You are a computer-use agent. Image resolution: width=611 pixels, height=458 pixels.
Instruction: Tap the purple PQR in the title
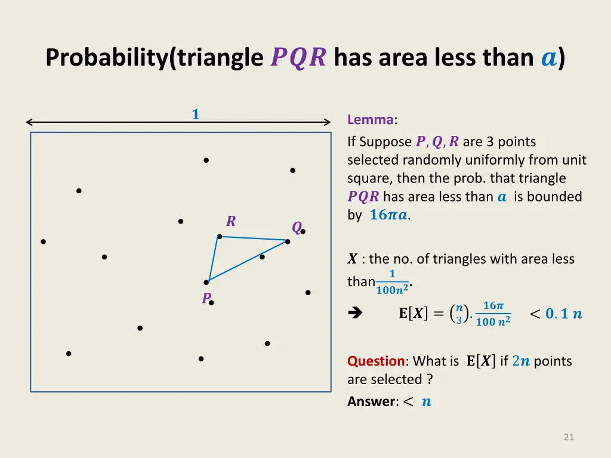pos(298,58)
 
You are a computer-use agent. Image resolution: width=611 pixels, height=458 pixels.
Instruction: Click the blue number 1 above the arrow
pos(195,114)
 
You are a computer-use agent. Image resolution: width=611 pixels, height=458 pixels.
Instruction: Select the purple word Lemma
pos(370,120)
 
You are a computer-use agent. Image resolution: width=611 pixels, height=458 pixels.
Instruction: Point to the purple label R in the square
pos(231,222)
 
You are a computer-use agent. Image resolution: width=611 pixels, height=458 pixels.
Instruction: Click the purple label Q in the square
pos(296,228)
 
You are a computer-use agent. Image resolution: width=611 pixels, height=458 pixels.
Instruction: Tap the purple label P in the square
pos(206,298)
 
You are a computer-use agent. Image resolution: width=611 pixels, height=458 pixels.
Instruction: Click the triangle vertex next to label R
pos(220,237)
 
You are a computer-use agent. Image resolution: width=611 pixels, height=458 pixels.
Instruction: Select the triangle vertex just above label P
pos(206,282)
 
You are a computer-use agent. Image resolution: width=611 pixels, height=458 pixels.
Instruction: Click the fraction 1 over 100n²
pos(392,282)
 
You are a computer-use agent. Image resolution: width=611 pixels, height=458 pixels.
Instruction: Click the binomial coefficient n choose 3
pos(459,314)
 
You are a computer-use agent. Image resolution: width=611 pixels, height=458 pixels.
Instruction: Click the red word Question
pos(376,361)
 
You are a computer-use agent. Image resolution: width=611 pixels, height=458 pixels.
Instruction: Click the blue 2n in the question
pos(521,361)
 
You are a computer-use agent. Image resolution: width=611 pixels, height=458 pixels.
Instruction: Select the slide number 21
pos(569,437)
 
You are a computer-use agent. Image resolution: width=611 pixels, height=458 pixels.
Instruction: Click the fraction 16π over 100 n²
pos(493,314)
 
